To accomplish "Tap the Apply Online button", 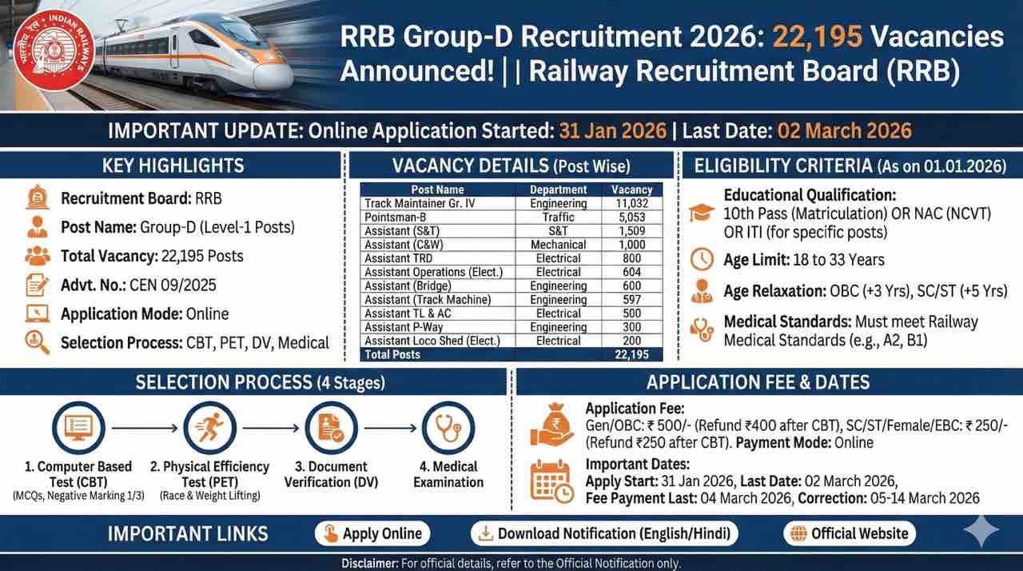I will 372,533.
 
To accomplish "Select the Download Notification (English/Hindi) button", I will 604,533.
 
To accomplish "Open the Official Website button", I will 849,533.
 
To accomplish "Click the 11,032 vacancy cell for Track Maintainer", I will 631,203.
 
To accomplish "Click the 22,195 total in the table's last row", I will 631,354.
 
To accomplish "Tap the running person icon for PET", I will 210,429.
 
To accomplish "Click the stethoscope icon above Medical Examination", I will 448,429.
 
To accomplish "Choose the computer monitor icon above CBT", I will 78,429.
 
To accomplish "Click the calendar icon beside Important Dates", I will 551,481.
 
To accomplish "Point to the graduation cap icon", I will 702,214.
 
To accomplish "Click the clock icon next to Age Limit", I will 701,259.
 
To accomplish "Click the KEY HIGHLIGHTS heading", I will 173,166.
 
